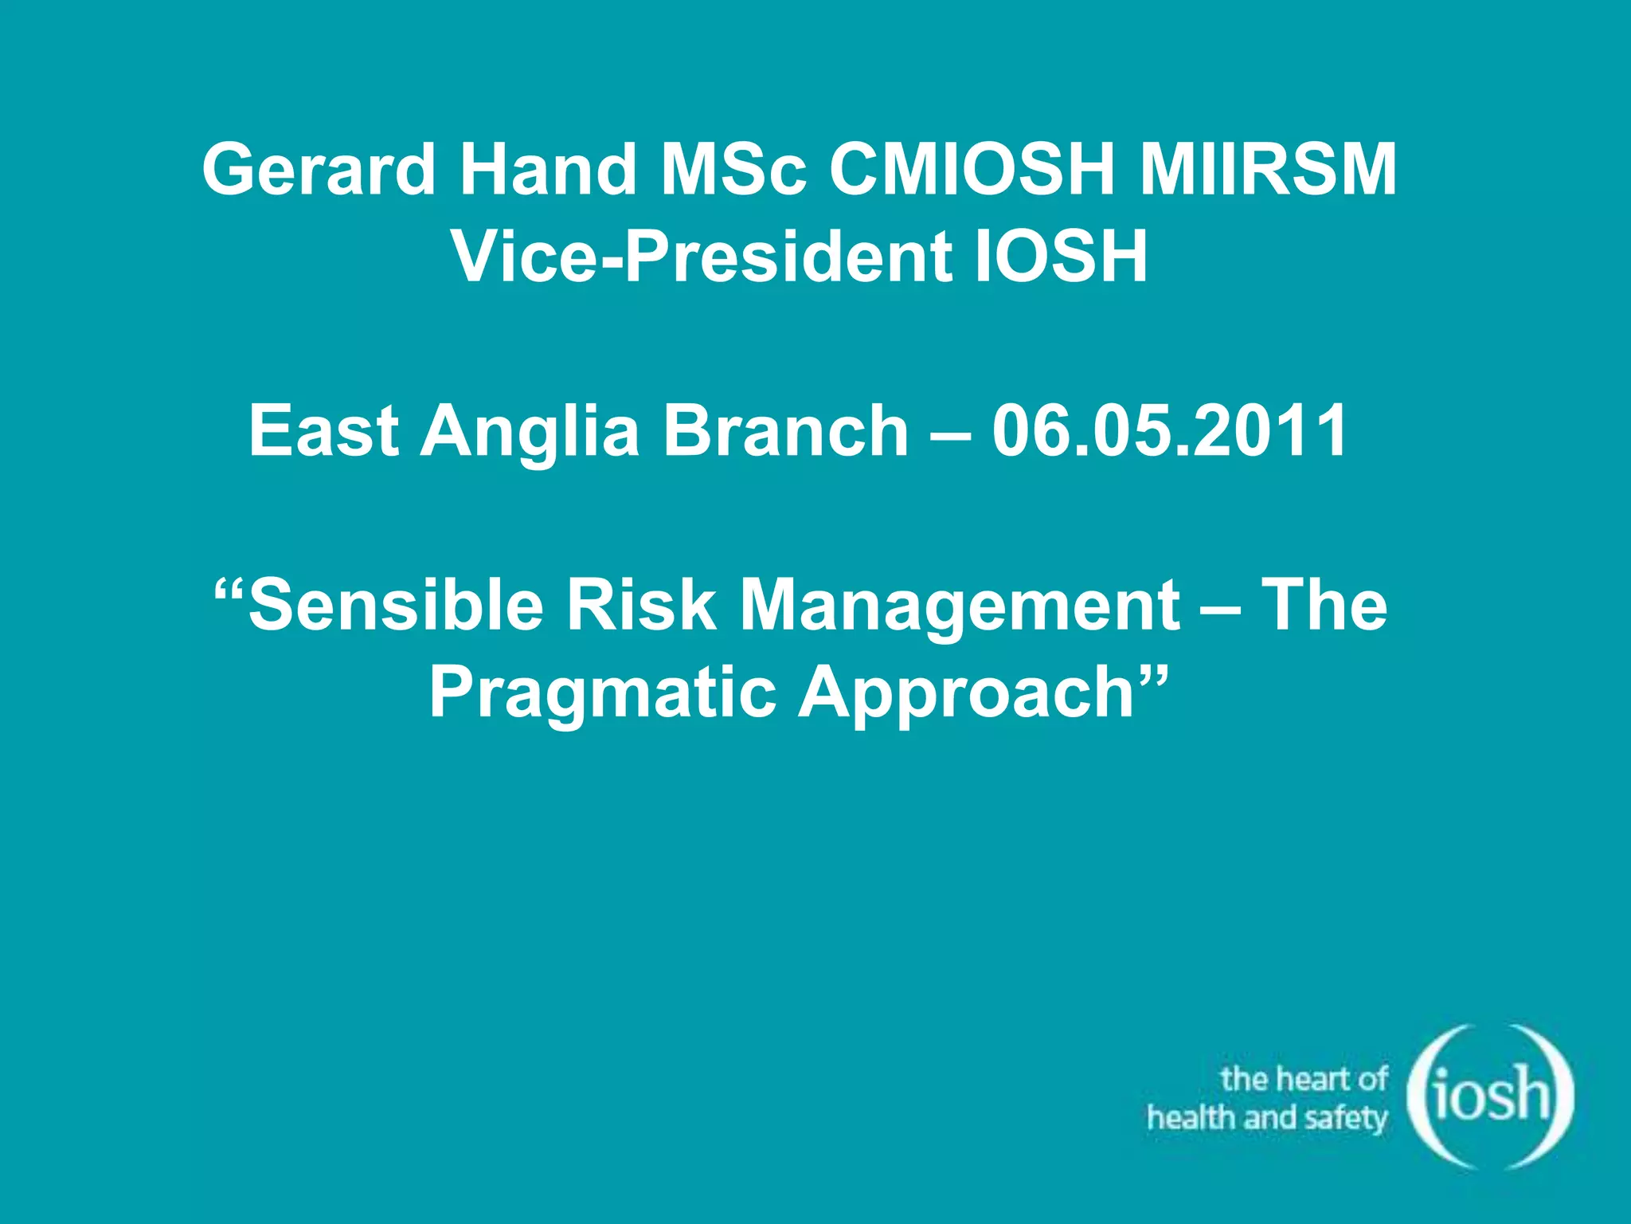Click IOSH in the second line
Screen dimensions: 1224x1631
(1062, 257)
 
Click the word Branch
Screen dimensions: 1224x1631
(785, 430)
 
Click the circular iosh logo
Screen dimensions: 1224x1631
(1490, 1097)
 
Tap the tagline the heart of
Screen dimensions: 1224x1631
(1304, 1079)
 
